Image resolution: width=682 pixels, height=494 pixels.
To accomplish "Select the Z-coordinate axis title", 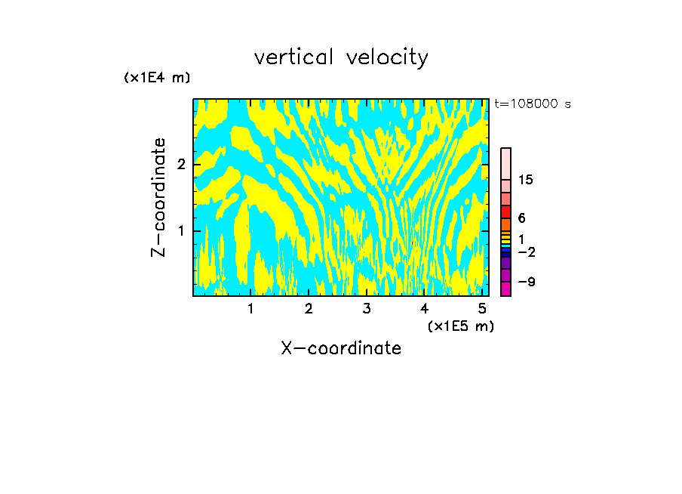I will pos(158,197).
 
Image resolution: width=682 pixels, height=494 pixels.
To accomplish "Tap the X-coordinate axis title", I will pos(341,348).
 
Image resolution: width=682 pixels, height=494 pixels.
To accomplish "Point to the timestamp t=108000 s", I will pos(533,103).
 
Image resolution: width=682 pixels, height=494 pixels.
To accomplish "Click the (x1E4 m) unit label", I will pos(157,78).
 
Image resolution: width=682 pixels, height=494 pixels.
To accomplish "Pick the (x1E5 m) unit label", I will pos(460,326).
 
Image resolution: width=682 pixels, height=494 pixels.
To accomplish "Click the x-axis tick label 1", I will pos(250,309).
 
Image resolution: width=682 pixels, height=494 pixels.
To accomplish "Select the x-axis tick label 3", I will pos(367,309).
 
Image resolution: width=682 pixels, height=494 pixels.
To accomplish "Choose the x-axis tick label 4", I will pos(425,309).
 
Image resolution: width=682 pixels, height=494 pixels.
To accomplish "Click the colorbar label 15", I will pos(526,180).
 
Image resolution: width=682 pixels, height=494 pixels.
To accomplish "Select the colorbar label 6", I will pos(522,218).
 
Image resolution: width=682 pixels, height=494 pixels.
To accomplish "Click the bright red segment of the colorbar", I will pos(506,211).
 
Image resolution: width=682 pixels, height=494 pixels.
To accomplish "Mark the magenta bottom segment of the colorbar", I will pos(506,289).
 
